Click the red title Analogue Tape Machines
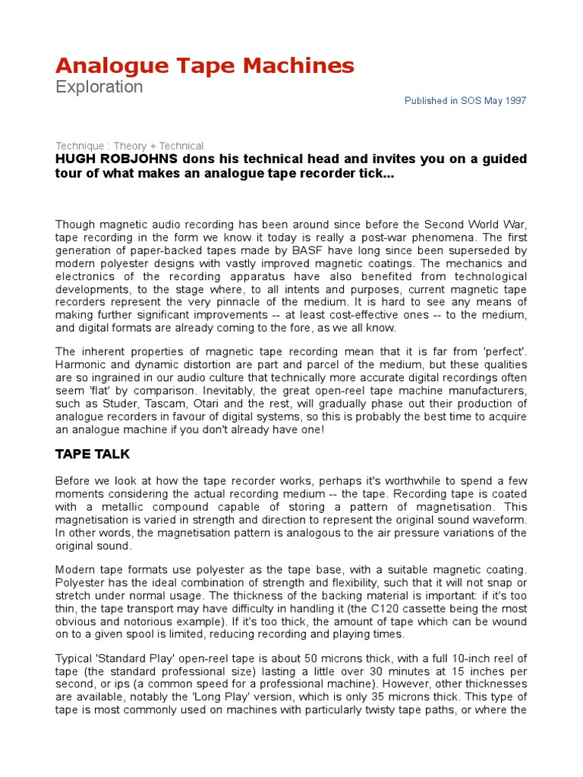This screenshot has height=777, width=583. pyautogui.click(x=205, y=66)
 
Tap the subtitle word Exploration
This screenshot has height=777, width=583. pyautogui.click(x=99, y=87)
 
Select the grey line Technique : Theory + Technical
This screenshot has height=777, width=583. pyautogui.click(x=130, y=146)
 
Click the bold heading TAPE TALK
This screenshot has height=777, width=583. pyautogui.click(x=93, y=454)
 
